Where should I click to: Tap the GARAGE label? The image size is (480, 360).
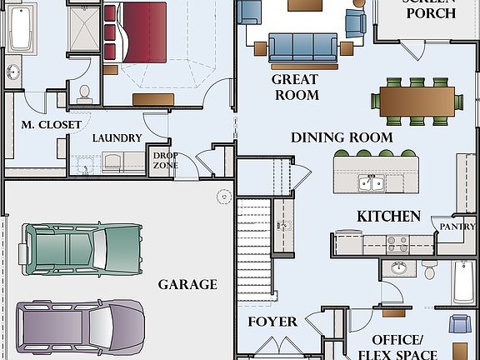point(187,284)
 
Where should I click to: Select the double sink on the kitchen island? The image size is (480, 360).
point(371,182)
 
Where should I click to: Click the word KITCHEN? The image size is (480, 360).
point(388,217)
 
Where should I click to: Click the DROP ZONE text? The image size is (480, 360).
point(165,160)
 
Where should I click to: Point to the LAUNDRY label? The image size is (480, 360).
point(117,138)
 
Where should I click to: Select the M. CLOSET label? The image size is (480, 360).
point(52,125)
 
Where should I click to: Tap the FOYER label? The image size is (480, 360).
point(272,322)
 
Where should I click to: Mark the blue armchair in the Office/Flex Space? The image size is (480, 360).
point(459,323)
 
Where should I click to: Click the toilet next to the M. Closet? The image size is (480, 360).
point(85,93)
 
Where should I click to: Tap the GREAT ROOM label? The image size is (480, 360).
point(295,87)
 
